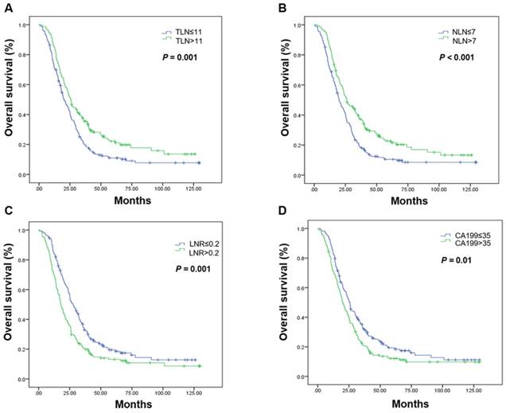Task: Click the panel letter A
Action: (x=7, y=6)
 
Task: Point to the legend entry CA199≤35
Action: (x=457, y=235)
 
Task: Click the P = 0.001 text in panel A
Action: (x=182, y=57)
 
